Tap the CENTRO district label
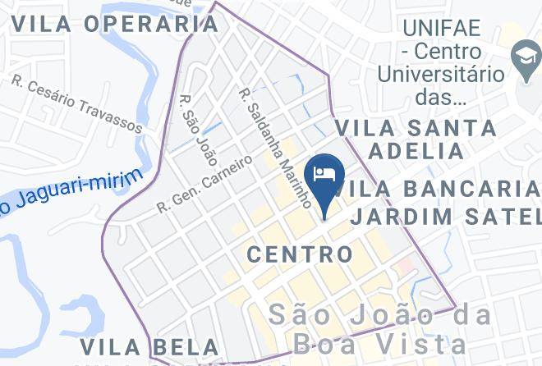tap(300, 254)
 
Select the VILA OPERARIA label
tap(115, 23)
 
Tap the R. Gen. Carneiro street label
tap(204, 183)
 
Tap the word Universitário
tap(440, 74)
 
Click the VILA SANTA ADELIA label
tap(416, 140)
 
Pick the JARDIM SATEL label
tap(445, 217)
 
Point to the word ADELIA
tap(416, 151)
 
